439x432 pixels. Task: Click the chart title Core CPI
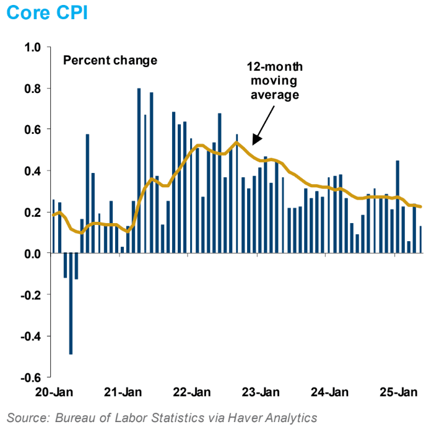pyautogui.click(x=47, y=13)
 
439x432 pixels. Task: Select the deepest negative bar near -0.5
pyautogui.click(x=71, y=304)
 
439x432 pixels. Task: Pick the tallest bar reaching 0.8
pyautogui.click(x=139, y=170)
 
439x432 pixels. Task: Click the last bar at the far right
pyautogui.click(x=421, y=240)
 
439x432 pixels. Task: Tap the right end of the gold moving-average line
pyautogui.click(x=422, y=207)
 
